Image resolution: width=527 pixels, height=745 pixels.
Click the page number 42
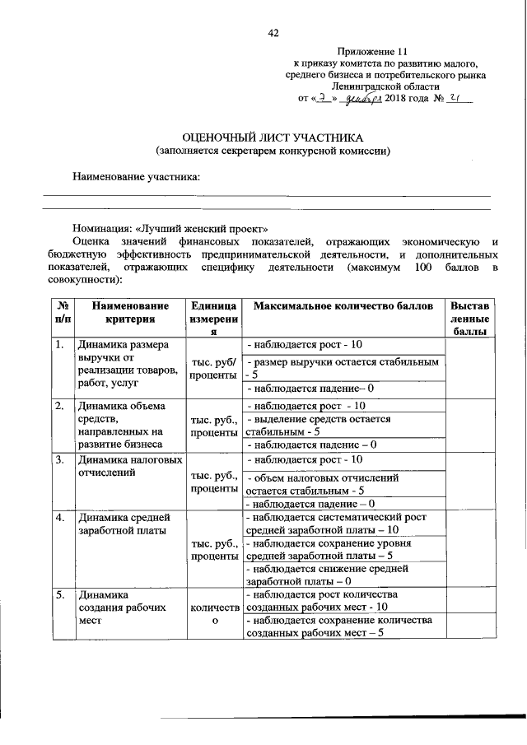[273, 33]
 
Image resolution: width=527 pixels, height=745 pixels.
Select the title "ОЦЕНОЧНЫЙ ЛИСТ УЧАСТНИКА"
[273, 137]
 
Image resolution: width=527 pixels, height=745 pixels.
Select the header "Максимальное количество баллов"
[343, 306]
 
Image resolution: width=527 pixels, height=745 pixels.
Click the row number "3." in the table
[60, 459]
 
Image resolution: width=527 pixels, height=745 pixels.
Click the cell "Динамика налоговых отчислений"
[128, 466]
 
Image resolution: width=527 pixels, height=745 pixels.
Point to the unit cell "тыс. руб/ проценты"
[214, 369]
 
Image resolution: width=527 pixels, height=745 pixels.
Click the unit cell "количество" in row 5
[214, 613]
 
